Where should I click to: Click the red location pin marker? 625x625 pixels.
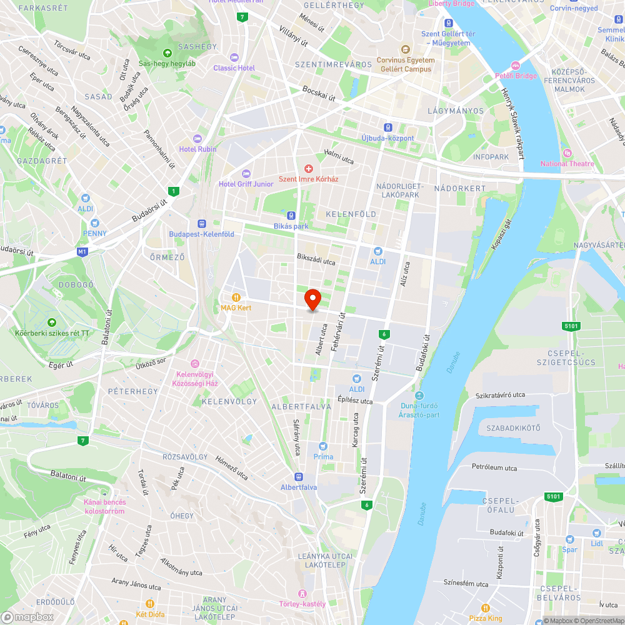(312, 299)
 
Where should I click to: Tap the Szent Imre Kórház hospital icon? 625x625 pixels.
(308, 169)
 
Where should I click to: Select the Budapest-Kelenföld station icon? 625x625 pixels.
(201, 223)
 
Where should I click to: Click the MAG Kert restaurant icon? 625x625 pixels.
(236, 297)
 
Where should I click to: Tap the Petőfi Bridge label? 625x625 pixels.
(516, 76)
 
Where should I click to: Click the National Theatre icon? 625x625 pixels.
(567, 153)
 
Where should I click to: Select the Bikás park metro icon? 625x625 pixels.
(291, 215)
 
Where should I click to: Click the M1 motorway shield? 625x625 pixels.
(82, 252)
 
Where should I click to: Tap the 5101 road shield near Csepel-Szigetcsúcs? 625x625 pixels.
(571, 326)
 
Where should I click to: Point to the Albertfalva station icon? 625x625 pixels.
(299, 476)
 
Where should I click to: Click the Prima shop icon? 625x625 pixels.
(323, 446)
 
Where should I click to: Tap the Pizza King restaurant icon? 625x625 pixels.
(486, 608)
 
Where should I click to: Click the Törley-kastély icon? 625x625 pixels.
(302, 593)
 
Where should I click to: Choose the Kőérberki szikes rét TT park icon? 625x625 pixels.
(52, 322)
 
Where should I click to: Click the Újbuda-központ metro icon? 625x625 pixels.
(387, 127)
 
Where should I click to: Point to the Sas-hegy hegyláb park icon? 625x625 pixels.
(167, 53)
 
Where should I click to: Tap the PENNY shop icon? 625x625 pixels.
(94, 222)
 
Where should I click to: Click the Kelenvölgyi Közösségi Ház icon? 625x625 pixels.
(194, 364)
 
